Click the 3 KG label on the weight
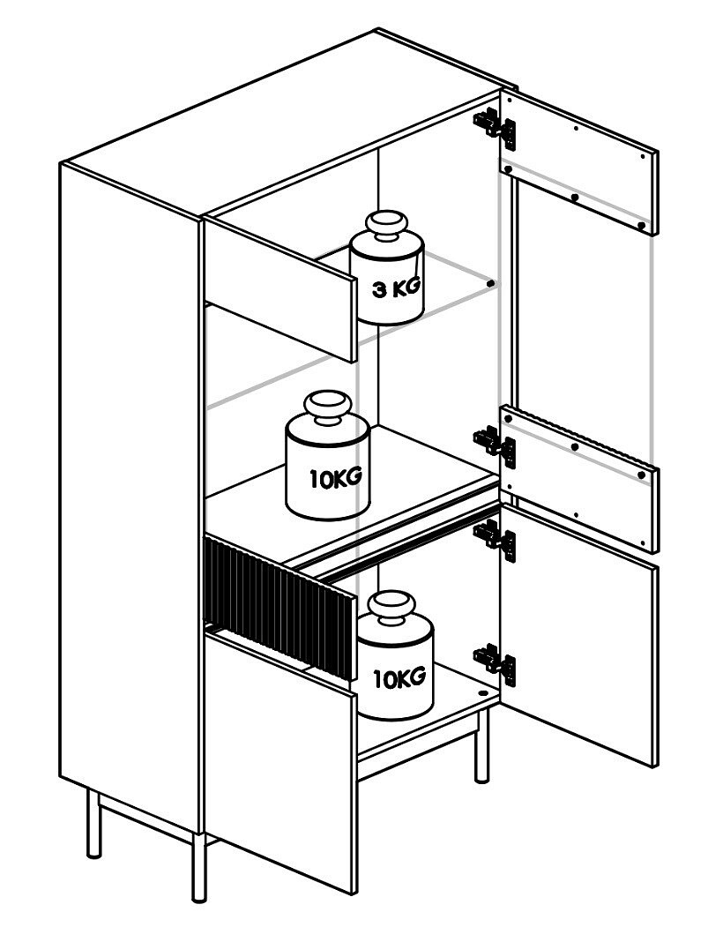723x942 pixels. (x=396, y=288)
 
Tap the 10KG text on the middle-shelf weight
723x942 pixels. (x=336, y=477)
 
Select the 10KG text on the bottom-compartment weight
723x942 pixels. (x=399, y=677)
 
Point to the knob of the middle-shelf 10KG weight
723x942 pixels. (x=327, y=407)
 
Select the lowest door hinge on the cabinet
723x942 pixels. (x=496, y=663)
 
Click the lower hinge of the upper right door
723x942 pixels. (x=496, y=445)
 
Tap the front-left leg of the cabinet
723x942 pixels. (x=199, y=867)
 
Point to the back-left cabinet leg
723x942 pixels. (x=93, y=823)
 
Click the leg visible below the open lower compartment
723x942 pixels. (x=481, y=745)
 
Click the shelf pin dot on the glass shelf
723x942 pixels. (x=490, y=282)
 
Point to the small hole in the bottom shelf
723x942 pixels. (x=482, y=692)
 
